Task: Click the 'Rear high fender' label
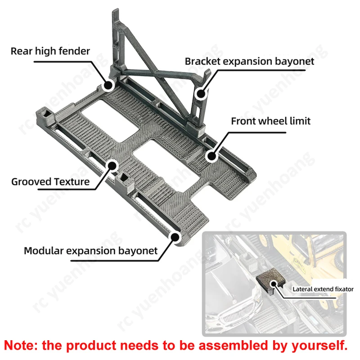(50, 51)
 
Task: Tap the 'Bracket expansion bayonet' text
(249, 61)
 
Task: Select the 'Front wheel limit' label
(271, 121)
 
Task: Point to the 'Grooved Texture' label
(50, 182)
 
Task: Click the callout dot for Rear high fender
(108, 85)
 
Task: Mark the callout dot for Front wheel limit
(210, 155)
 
